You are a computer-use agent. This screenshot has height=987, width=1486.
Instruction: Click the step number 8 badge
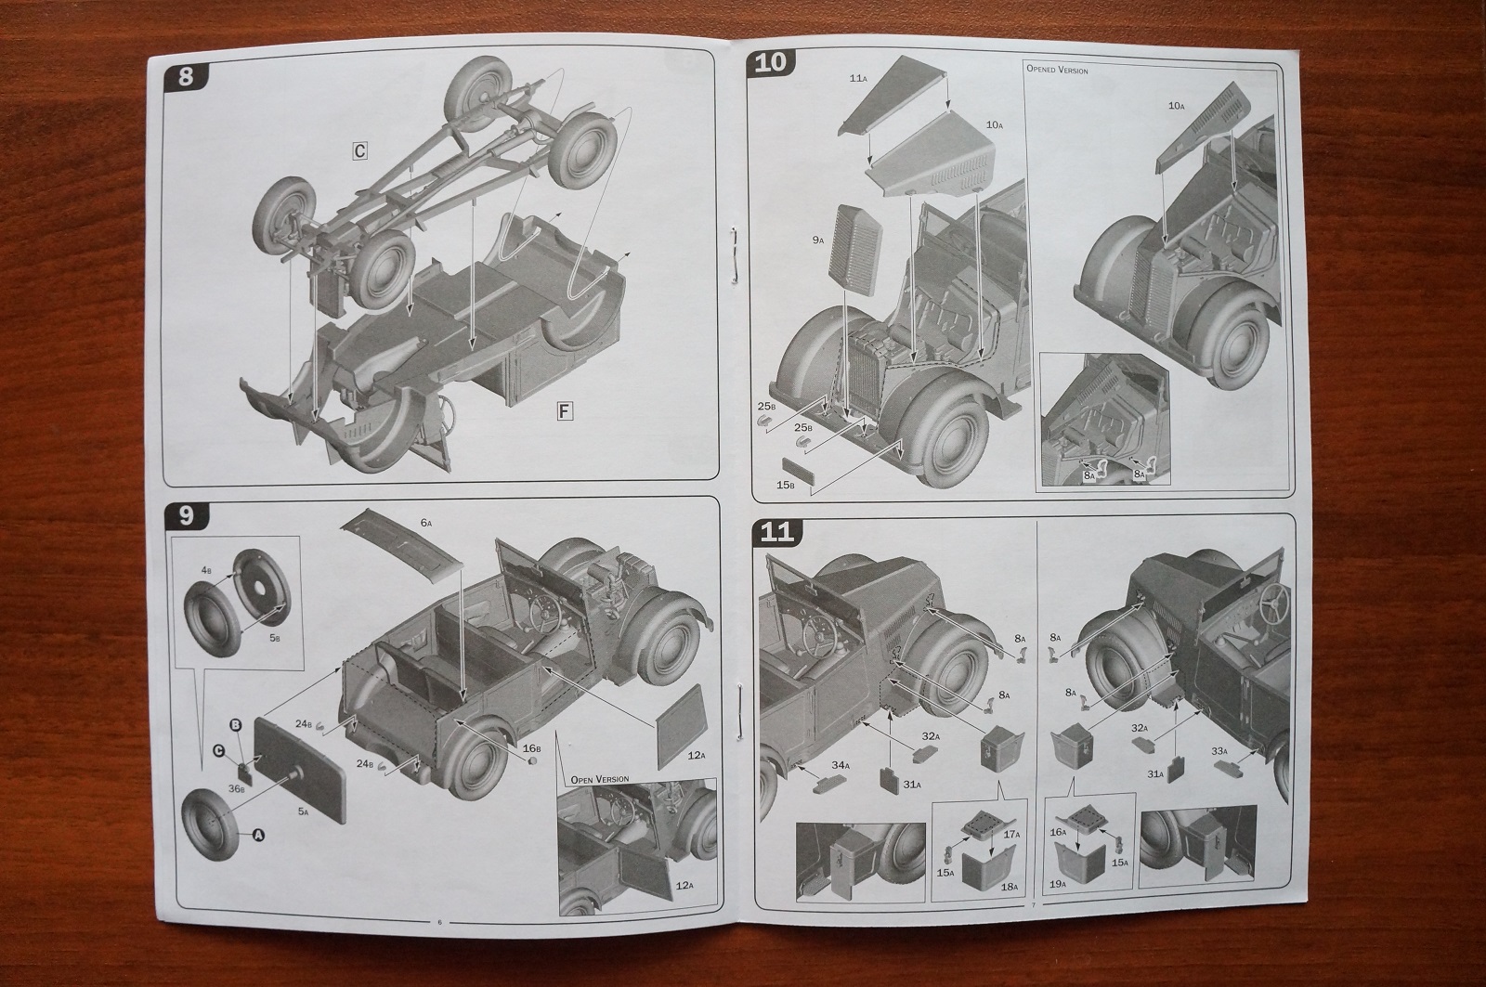click(x=185, y=76)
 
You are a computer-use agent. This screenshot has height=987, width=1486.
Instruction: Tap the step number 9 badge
click(x=185, y=513)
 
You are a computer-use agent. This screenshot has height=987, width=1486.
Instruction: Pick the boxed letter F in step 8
click(x=565, y=411)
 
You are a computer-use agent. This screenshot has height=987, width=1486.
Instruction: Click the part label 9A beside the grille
click(x=818, y=240)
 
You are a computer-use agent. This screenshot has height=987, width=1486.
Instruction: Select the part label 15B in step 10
click(x=786, y=485)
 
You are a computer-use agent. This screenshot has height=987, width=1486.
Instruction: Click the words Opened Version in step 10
click(x=1057, y=70)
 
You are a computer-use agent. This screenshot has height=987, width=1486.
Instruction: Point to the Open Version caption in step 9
click(x=600, y=778)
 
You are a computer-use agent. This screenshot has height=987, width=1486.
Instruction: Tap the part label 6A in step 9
click(x=426, y=524)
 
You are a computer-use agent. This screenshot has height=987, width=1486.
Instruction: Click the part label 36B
click(x=237, y=788)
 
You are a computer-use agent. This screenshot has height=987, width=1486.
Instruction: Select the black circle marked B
click(x=235, y=723)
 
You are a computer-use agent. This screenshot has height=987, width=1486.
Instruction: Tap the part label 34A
click(x=840, y=764)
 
